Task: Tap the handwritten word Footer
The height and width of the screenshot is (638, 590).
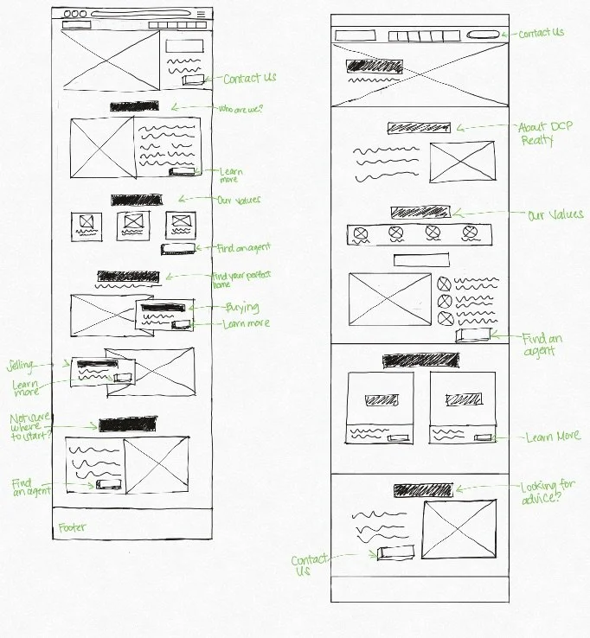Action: (x=72, y=527)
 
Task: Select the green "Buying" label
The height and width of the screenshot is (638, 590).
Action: (x=242, y=307)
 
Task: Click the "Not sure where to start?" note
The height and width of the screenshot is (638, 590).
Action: (x=31, y=426)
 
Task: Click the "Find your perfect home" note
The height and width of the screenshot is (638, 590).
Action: (x=242, y=278)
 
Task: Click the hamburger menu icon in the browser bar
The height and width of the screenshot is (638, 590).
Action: (x=202, y=15)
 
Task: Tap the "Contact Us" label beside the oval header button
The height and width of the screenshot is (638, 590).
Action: (x=542, y=33)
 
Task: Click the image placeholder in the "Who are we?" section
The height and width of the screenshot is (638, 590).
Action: (x=101, y=150)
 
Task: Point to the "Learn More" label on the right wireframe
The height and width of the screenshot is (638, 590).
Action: (x=553, y=437)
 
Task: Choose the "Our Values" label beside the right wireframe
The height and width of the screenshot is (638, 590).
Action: (x=555, y=214)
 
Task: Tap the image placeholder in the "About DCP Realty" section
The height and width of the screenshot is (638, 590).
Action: (x=462, y=163)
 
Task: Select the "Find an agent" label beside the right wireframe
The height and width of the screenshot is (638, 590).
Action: (x=541, y=345)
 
